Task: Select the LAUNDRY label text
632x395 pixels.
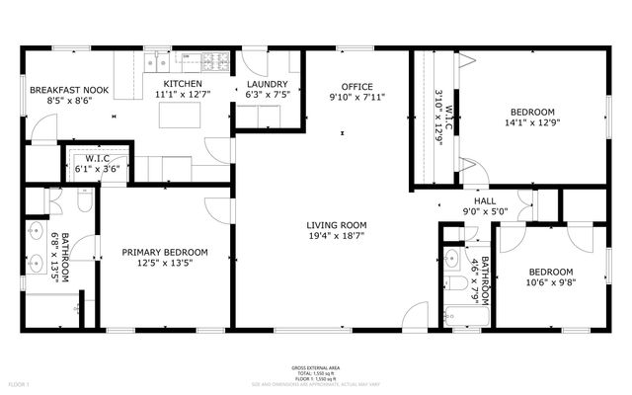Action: click(x=267, y=84)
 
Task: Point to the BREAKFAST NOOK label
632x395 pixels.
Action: click(x=68, y=90)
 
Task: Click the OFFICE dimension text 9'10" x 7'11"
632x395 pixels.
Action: click(x=356, y=97)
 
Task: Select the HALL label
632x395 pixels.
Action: click(x=485, y=200)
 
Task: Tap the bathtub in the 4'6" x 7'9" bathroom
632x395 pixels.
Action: click(x=463, y=317)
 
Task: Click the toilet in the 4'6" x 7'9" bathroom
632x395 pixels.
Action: click(x=456, y=287)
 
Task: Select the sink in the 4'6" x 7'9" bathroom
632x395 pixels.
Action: click(x=452, y=260)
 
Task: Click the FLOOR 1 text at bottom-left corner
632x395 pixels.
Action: click(x=19, y=383)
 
